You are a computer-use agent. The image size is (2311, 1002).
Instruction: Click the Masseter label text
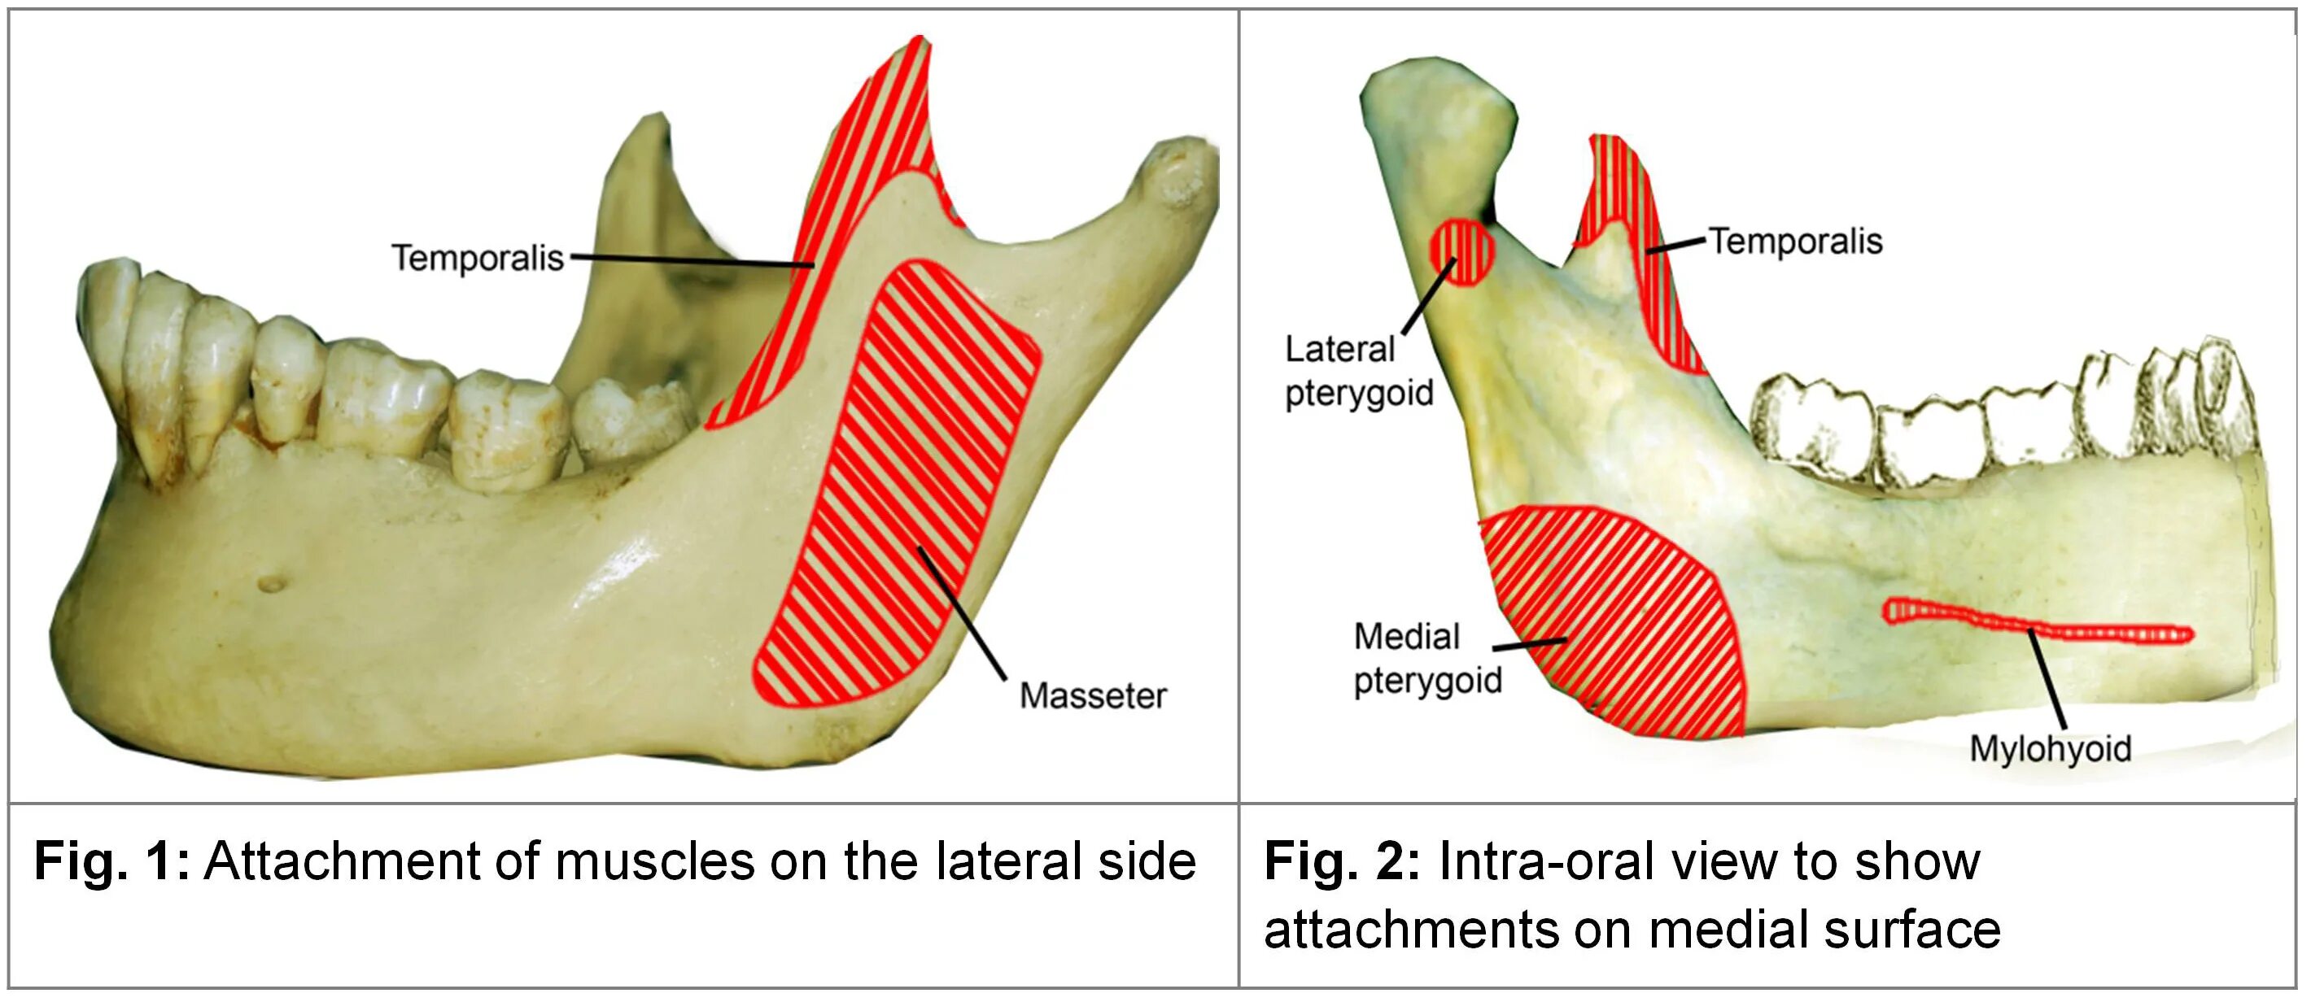(x=1092, y=696)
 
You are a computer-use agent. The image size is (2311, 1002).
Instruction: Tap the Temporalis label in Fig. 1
(x=478, y=259)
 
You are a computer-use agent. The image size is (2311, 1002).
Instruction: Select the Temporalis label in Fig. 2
(x=1794, y=242)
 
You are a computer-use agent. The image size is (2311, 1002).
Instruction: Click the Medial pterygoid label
(x=1426, y=659)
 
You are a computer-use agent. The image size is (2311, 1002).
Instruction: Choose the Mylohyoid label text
(x=2050, y=748)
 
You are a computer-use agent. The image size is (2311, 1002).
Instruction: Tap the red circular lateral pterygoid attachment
(x=1462, y=253)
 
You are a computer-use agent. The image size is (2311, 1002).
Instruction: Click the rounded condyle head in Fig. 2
(x=1435, y=98)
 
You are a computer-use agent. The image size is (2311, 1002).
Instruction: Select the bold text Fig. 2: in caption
(x=1341, y=861)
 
